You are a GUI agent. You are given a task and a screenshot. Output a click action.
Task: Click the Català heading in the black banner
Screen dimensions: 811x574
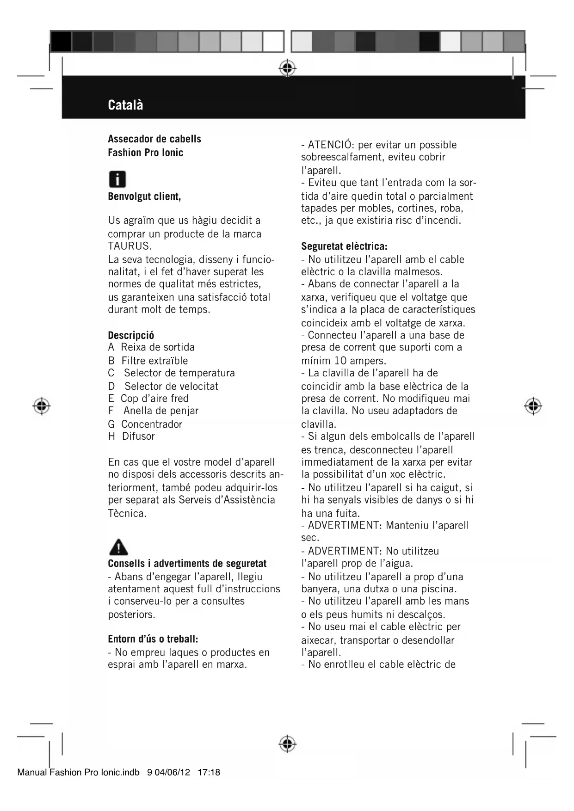(x=125, y=105)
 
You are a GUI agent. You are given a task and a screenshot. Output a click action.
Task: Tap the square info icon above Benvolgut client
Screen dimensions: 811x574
(x=117, y=179)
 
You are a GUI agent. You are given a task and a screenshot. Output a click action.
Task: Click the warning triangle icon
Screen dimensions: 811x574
(x=118, y=547)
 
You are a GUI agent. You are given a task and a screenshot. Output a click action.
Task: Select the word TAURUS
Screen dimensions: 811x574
(x=130, y=246)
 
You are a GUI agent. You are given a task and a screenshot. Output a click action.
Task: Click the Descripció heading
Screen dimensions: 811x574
(x=131, y=335)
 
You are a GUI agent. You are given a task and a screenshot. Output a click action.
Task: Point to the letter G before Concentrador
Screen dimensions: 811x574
(x=111, y=424)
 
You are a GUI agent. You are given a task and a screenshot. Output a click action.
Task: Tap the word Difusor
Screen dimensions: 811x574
(x=138, y=436)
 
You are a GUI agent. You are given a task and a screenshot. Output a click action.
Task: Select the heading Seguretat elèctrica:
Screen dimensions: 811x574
(x=344, y=246)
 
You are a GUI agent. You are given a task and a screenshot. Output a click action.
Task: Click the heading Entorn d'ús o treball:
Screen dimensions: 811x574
(x=153, y=639)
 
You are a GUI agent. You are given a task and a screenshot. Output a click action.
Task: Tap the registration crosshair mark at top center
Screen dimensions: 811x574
(x=288, y=68)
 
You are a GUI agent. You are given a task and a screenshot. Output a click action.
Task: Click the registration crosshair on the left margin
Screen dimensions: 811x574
(x=42, y=405)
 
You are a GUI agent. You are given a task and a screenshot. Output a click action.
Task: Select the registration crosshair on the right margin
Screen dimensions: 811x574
(x=533, y=405)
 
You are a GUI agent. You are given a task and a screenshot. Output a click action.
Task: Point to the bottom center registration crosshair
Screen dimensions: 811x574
(x=288, y=743)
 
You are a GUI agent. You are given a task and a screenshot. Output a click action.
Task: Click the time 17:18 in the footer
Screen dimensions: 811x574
(x=209, y=772)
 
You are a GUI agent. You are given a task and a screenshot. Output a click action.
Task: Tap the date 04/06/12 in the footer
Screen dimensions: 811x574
(x=173, y=772)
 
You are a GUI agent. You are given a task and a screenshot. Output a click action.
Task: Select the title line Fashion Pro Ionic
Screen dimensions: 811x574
(x=145, y=153)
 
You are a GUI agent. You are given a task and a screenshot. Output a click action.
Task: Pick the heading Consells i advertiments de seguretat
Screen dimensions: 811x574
(x=187, y=564)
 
